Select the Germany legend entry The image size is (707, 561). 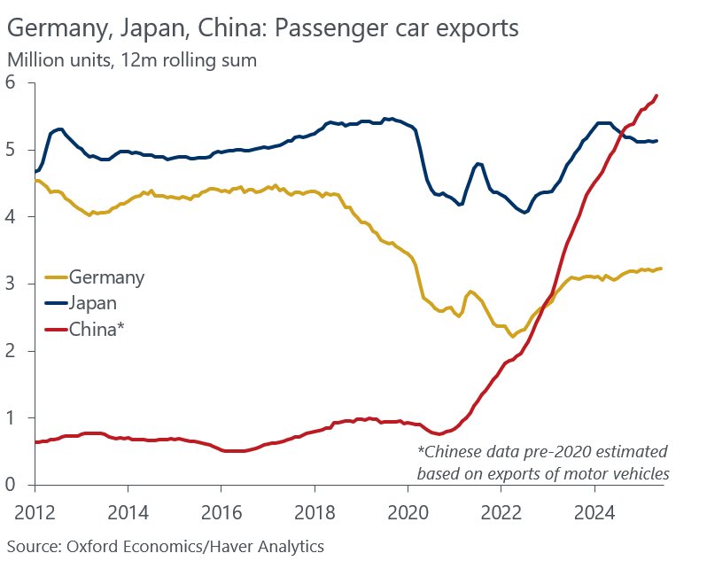[95, 277]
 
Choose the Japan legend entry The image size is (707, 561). [82, 303]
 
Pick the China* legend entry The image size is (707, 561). [85, 329]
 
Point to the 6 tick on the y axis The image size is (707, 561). [10, 82]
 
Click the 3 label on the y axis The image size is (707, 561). [10, 284]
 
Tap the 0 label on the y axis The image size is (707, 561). [10, 484]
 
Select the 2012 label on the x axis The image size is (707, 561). [35, 512]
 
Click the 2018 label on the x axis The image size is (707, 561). [315, 512]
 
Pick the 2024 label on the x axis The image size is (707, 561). [594, 512]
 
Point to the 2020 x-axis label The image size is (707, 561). [408, 512]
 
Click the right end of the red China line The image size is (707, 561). [656, 95]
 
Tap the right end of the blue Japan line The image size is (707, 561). [656, 141]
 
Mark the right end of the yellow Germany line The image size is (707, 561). [661, 269]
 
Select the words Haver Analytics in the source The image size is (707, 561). [268, 548]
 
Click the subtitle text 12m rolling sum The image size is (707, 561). [189, 60]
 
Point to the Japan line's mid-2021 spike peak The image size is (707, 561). [478, 163]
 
